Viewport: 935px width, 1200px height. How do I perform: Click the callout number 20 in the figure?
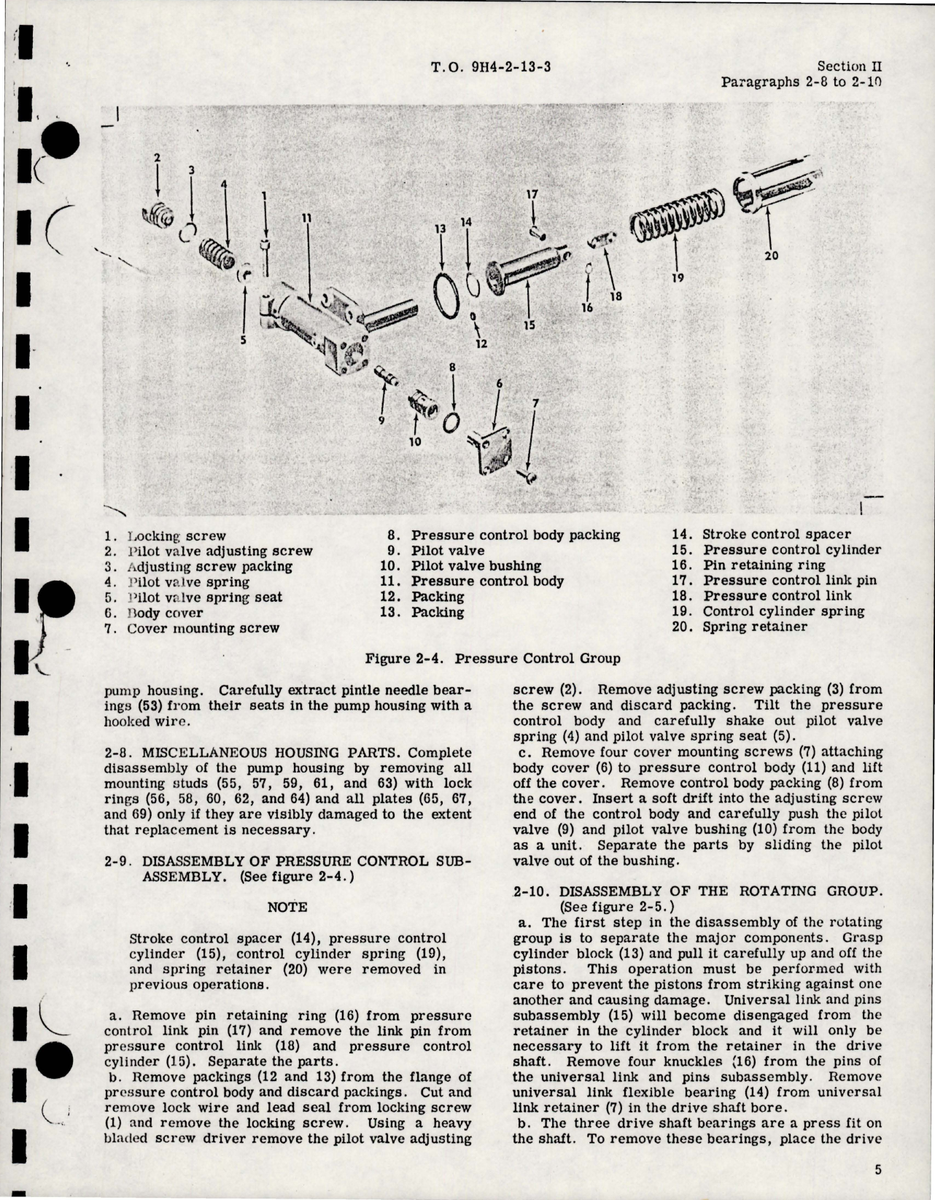pyautogui.click(x=772, y=256)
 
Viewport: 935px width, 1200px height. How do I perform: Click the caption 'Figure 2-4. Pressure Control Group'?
pyautogui.click(x=492, y=659)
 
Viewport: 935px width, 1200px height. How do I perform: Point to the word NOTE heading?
pyautogui.click(x=287, y=907)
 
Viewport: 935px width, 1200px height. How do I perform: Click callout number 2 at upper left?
pyautogui.click(x=157, y=157)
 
